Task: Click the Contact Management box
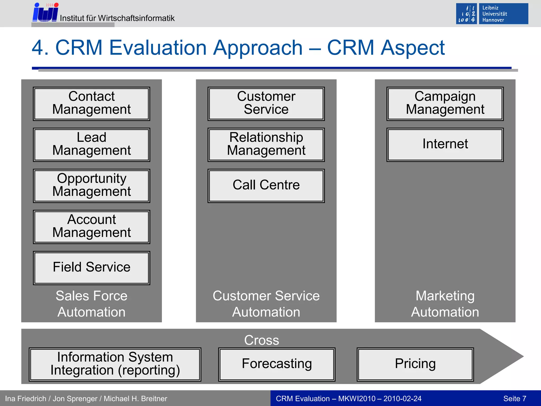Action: [91, 104]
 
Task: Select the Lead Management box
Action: [91, 145]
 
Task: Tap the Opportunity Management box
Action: [91, 186]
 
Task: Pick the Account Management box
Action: [91, 227]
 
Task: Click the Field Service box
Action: [91, 268]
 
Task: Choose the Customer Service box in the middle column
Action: [266, 104]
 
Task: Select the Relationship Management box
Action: [266, 145]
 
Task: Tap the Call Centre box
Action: [266, 186]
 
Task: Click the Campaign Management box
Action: [445, 104]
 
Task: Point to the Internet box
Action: [445, 145]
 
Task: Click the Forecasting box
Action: [277, 364]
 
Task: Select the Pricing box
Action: [415, 364]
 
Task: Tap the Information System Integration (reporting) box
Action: [115, 364]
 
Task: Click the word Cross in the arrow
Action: [262, 340]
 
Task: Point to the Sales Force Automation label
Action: [91, 304]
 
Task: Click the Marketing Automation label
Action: [445, 304]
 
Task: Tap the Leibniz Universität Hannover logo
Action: [492, 14]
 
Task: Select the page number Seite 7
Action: [515, 399]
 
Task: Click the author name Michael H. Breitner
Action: [135, 399]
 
